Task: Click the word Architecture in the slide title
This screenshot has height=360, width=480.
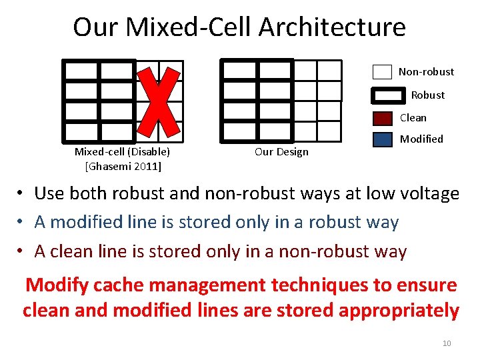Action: pos(331,27)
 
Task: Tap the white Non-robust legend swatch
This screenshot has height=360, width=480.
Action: pos(382,72)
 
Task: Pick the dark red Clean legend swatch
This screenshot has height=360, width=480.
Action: pos(383,119)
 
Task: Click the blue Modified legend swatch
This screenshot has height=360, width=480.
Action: pos(383,140)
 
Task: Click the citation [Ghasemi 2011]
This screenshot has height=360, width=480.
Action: pos(123,165)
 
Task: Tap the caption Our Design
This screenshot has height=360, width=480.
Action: pos(281,152)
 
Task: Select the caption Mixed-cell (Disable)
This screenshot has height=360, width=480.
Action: pos(122,152)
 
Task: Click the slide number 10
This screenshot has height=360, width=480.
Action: pos(447,343)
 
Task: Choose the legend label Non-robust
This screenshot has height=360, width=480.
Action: pos(426,72)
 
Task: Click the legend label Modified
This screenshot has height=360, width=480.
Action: pos(421,139)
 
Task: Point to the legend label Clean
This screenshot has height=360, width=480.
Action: pos(413,118)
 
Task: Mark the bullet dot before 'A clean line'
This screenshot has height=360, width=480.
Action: pos(22,251)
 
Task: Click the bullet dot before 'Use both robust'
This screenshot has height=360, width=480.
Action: pos(22,194)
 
